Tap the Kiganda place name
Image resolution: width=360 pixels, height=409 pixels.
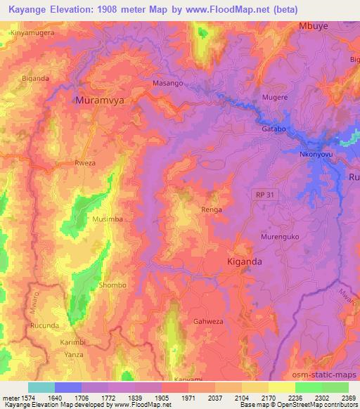click(245, 261)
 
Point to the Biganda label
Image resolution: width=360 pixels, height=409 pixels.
click(35, 78)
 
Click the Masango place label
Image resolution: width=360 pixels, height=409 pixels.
click(168, 83)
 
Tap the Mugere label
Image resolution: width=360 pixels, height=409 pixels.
click(275, 99)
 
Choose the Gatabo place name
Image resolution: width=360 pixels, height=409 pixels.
click(274, 129)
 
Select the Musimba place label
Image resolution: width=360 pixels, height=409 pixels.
click(108, 220)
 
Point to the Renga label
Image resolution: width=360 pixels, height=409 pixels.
click(212, 209)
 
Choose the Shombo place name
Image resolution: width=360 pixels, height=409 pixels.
click(113, 285)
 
